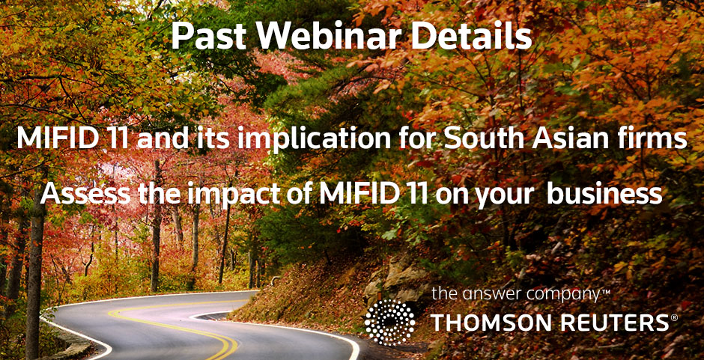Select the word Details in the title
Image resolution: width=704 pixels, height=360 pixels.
click(471, 37)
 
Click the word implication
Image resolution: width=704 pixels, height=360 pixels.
click(316, 139)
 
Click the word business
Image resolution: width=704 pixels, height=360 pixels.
click(604, 194)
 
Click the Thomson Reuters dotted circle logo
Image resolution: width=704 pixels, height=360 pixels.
click(389, 323)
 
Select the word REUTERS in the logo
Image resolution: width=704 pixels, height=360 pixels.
click(616, 323)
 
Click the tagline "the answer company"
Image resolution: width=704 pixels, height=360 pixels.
click(515, 295)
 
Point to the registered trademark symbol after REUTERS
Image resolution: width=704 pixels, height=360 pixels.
click(674, 318)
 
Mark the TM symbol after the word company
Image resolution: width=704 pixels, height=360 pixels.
click(605, 291)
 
